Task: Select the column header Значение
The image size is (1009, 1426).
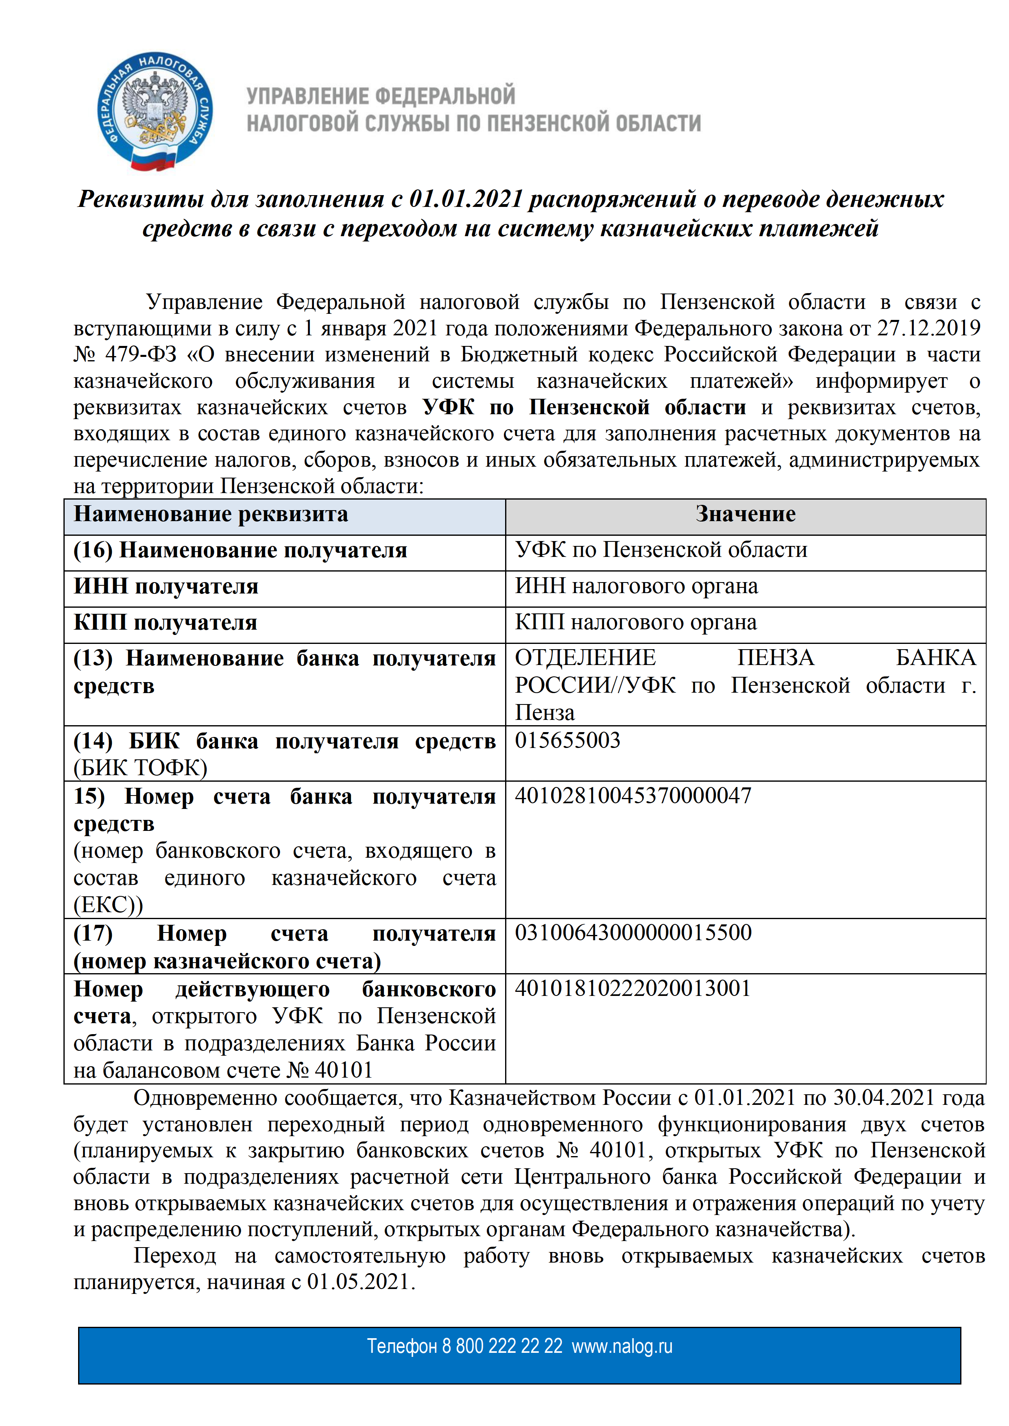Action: (x=745, y=514)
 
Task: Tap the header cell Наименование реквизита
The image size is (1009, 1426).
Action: (x=211, y=514)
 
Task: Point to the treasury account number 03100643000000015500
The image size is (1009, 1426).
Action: (x=632, y=933)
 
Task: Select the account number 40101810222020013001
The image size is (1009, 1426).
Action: (x=632, y=988)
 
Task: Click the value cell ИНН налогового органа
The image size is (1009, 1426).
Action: (x=636, y=586)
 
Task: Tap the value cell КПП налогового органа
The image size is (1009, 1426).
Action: (x=636, y=622)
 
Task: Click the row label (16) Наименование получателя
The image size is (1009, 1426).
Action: (x=240, y=550)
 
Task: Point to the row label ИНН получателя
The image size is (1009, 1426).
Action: (x=166, y=586)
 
